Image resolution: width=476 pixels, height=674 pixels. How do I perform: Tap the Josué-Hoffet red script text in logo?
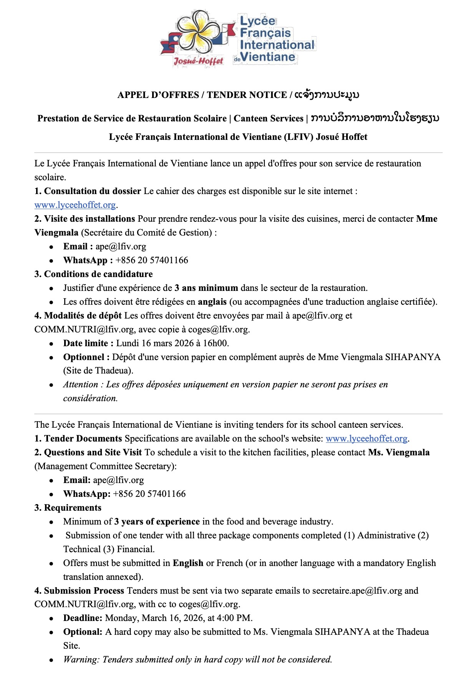pyautogui.click(x=198, y=61)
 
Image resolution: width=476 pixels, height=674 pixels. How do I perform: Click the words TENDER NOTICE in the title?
pyautogui.click(x=247, y=95)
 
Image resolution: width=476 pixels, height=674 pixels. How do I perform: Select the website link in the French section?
pyautogui.click(x=75, y=205)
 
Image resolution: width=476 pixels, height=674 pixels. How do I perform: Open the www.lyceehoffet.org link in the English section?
pyautogui.click(x=366, y=438)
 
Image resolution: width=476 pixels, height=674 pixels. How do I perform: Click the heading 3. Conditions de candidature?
pyautogui.click(x=93, y=274)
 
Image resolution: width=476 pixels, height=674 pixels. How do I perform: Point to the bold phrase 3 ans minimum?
pyautogui.click(x=206, y=288)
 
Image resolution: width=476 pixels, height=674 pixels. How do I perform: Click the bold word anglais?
pyautogui.click(x=212, y=302)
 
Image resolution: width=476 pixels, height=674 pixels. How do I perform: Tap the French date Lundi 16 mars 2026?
pyautogui.click(x=155, y=343)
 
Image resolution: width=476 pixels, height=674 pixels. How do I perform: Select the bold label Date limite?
pyautogui.click(x=88, y=343)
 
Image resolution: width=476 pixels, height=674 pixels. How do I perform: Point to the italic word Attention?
pyautogui.click(x=81, y=384)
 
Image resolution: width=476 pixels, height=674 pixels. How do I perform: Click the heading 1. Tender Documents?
pyautogui.click(x=78, y=438)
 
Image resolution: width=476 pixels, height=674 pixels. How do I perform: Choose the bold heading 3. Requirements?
pyautogui.click(x=68, y=508)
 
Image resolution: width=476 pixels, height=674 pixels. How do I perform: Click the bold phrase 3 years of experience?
pyautogui.click(x=157, y=521)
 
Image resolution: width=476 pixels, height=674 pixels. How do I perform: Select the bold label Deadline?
pyautogui.click(x=83, y=618)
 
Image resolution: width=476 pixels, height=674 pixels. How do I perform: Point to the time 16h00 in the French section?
pyautogui.click(x=217, y=343)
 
